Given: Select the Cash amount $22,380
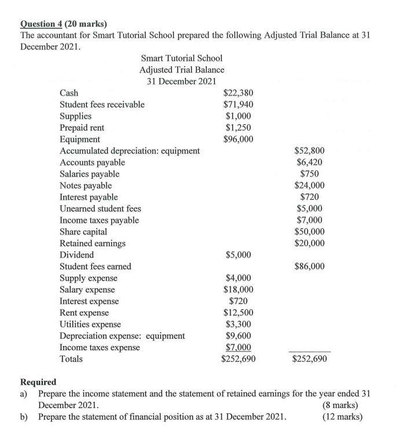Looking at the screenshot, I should tap(238, 93).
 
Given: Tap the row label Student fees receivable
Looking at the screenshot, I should tap(103, 105).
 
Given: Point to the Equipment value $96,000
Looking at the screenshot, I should tap(238, 139).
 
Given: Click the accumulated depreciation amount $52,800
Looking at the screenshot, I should tap(310, 151).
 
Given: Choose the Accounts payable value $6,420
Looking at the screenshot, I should tap(310, 163).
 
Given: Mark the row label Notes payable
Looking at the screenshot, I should tap(86, 186).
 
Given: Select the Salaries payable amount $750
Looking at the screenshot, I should tap(310, 174).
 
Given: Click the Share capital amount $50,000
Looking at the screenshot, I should tap(310, 232).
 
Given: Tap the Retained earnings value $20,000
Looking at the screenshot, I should tap(310, 243).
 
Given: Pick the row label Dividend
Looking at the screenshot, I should tap(77, 255).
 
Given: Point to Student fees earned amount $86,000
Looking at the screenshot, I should tap(310, 266).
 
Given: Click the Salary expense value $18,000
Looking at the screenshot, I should tap(238, 289).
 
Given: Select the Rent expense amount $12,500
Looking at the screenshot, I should tap(238, 313).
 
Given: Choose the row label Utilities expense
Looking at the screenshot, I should tap(91, 324).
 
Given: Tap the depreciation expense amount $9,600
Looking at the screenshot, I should tap(238, 336).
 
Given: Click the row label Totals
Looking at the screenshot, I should tap(71, 359).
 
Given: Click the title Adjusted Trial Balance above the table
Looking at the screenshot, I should tap(182, 69).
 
